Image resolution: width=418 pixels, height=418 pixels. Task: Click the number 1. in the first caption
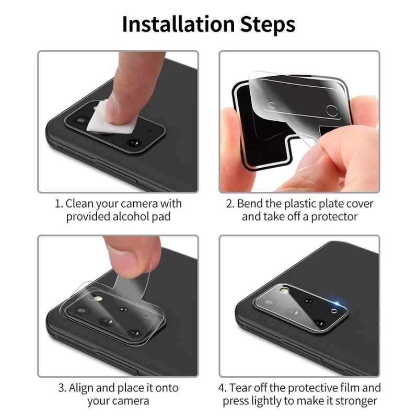(59, 203)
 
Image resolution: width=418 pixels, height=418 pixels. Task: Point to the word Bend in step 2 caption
(250, 203)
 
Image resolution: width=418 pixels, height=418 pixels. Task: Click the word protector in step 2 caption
(333, 216)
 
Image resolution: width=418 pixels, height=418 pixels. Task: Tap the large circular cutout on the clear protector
(332, 110)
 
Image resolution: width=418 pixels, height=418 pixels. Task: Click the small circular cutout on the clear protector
(272, 105)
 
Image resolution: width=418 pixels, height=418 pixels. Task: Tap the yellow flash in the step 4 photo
(283, 290)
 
